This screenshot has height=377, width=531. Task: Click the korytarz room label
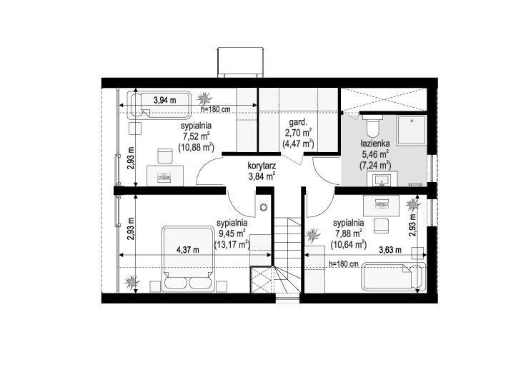pyautogui.click(x=262, y=166)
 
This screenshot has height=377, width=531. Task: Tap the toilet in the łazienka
pyautogui.click(x=372, y=124)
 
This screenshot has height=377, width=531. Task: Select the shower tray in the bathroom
pyautogui.click(x=412, y=131)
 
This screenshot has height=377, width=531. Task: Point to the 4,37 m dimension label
pyautogui.click(x=188, y=250)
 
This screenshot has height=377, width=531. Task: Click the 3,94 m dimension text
pyautogui.click(x=165, y=100)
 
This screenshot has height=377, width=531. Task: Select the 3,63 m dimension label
pyautogui.click(x=390, y=250)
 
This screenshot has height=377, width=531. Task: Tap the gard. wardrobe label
pyautogui.click(x=298, y=122)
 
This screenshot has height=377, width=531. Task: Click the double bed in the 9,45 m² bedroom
pyautogui.click(x=188, y=259)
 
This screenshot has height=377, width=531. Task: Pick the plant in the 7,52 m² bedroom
pyautogui.click(x=204, y=98)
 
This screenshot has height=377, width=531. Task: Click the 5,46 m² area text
pyautogui.click(x=375, y=155)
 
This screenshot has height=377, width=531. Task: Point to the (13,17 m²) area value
pyautogui.click(x=232, y=243)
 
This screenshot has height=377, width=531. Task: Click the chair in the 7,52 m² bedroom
pyautogui.click(x=165, y=156)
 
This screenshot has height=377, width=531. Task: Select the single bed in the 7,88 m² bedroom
pyautogui.click(x=393, y=276)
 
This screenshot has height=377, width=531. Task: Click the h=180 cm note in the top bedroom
pyautogui.click(x=216, y=109)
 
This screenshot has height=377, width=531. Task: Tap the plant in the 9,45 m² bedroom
pyautogui.click(x=131, y=281)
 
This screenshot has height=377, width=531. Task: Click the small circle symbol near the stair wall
pyautogui.click(x=264, y=208)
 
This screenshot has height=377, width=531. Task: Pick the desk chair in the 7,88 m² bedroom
pyautogui.click(x=381, y=226)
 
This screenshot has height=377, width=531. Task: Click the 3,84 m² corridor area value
pyautogui.click(x=262, y=176)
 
